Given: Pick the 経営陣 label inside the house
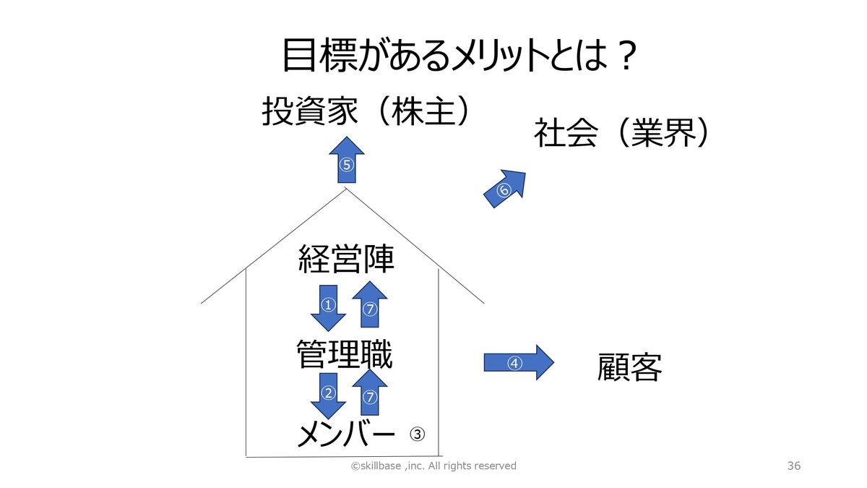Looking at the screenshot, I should pyautogui.click(x=347, y=259).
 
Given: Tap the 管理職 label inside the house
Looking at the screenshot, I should pyautogui.click(x=345, y=355).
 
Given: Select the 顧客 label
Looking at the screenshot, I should pyautogui.click(x=630, y=367).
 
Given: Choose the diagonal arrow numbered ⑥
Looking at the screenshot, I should pyautogui.click(x=504, y=189).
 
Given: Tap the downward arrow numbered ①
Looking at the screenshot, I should pyautogui.click(x=329, y=307).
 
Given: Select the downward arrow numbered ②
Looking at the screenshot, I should pyautogui.click(x=329, y=395).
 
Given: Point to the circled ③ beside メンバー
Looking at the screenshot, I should pyautogui.click(x=418, y=434).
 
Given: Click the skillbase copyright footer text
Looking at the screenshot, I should pyautogui.click(x=433, y=466).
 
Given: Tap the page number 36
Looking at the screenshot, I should pyautogui.click(x=794, y=466).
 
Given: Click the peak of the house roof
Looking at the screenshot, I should pyautogui.click(x=347, y=189).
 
